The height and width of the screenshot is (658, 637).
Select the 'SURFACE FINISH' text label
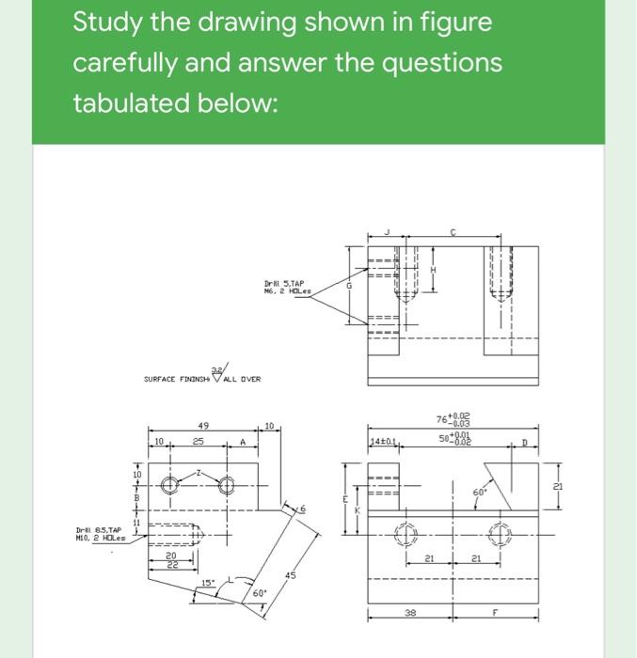coord(180,380)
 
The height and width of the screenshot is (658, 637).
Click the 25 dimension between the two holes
coord(199,440)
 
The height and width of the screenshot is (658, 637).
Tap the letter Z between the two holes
coord(198,477)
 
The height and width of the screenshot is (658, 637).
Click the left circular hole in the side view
coord(170,487)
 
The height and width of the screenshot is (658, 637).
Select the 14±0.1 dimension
coord(383,440)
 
